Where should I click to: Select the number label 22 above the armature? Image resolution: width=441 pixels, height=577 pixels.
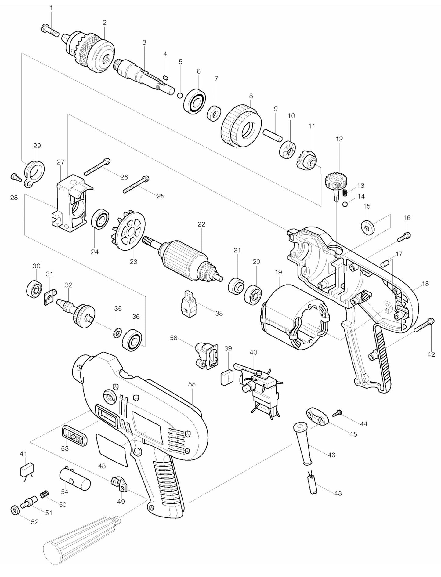201,224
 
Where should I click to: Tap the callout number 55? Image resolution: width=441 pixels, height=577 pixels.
191,384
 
